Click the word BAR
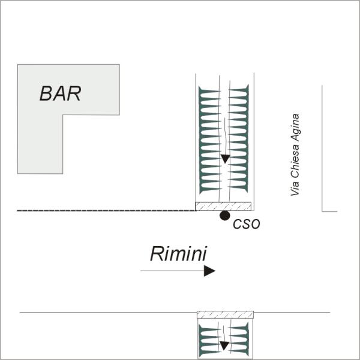[60, 94]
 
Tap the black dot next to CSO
[225, 215]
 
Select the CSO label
[247, 224]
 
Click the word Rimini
[179, 253]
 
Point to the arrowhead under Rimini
[209, 271]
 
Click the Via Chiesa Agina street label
[295, 155]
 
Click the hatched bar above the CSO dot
[223, 206]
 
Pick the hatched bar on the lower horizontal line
[226, 314]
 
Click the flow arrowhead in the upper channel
[226, 159]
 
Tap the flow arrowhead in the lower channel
[224, 346]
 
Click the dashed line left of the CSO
[106, 211]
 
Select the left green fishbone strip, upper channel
[209, 140]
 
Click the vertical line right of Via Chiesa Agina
[322, 148]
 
